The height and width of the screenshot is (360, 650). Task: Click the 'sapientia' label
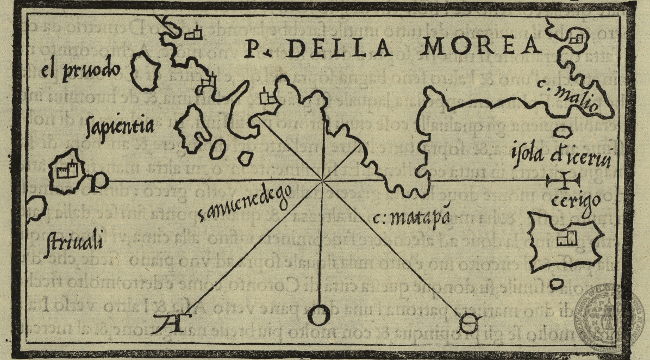point(120,126)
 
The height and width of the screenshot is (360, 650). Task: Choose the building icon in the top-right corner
point(579,39)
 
